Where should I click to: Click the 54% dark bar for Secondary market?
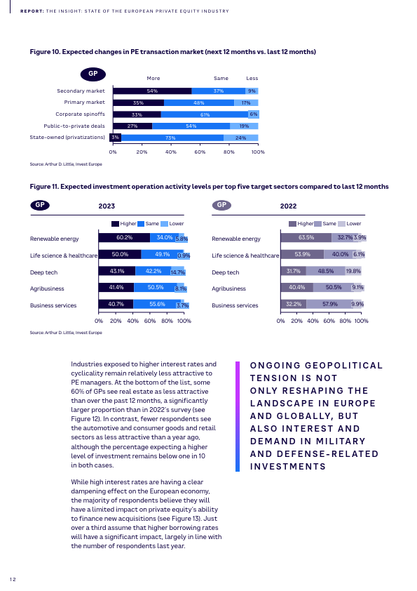(152, 91)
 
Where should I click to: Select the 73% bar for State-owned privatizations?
(172, 138)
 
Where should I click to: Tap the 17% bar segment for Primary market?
(246, 102)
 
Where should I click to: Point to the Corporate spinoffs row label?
(80, 114)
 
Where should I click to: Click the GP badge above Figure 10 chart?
(93, 74)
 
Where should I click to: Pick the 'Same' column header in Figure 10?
(221, 79)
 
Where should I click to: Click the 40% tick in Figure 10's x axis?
(171, 152)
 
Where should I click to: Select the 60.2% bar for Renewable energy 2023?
(124, 237)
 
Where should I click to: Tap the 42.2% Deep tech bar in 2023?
(153, 271)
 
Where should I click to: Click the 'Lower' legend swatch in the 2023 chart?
(164, 224)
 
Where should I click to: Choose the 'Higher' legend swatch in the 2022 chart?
(292, 224)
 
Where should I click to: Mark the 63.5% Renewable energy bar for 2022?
(306, 237)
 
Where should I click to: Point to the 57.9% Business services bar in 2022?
(329, 304)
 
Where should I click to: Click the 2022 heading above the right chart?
(288, 206)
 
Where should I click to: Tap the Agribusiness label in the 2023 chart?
(47, 288)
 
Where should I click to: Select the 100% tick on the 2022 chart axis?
(362, 321)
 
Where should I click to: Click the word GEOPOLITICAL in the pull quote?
(343, 366)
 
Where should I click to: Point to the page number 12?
(13, 579)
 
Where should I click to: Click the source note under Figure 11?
(66, 333)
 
